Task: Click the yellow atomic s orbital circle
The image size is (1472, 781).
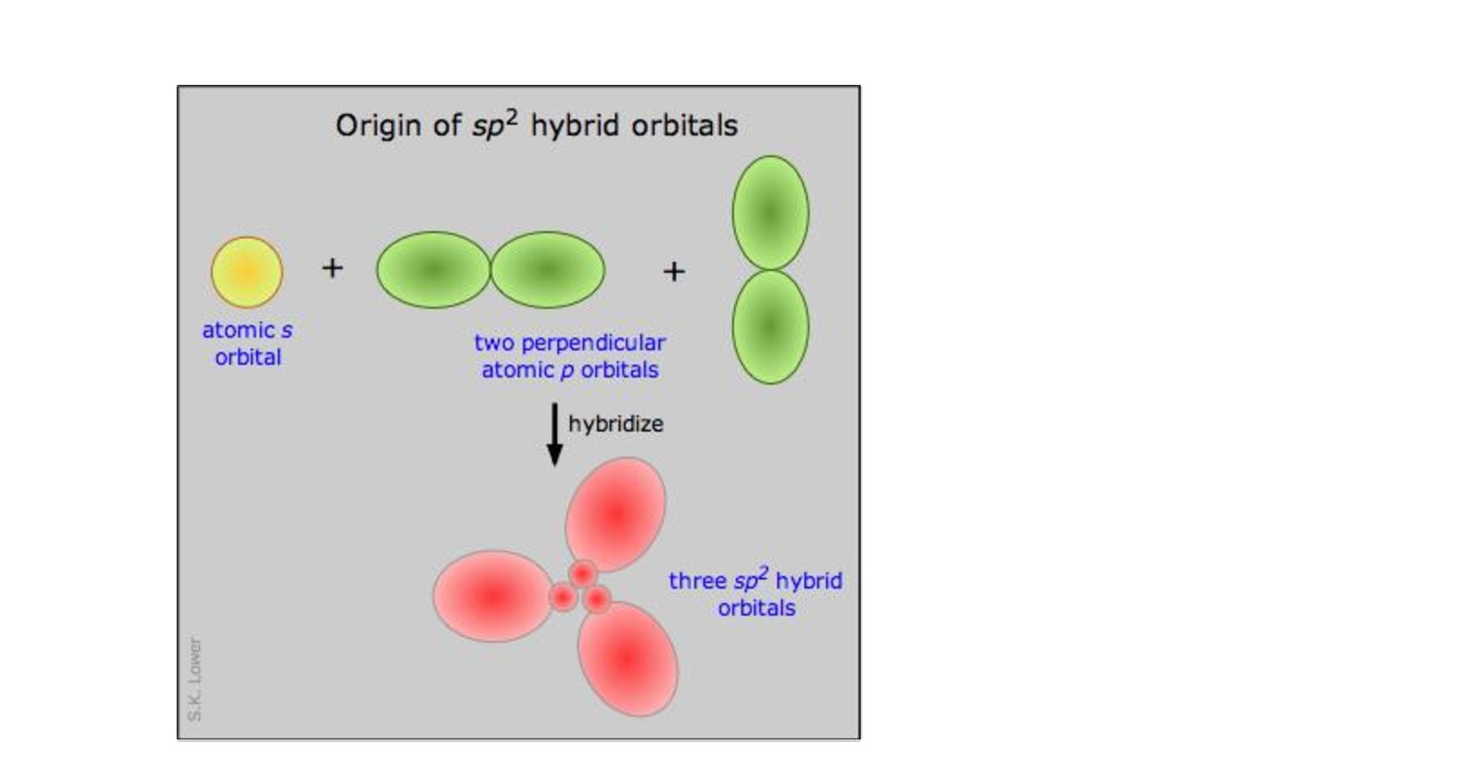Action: (x=247, y=272)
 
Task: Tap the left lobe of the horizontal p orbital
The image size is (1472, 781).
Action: (x=433, y=269)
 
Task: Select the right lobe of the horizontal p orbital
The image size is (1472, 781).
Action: (x=548, y=269)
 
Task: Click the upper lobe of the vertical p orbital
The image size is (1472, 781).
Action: (x=771, y=212)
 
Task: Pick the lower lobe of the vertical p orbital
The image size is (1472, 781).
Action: (x=771, y=327)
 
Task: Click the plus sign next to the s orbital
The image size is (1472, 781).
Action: (x=332, y=268)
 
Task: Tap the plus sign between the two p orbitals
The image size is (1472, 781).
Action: (x=675, y=271)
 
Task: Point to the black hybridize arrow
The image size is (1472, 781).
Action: (x=555, y=434)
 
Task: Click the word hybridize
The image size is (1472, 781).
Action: (x=616, y=423)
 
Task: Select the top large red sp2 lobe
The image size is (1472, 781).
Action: (x=616, y=514)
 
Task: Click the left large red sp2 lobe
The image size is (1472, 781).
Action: (x=493, y=596)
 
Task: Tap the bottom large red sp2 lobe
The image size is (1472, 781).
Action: (x=629, y=659)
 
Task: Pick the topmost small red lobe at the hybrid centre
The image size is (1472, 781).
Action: (x=582, y=575)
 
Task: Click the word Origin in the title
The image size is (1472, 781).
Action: (x=378, y=126)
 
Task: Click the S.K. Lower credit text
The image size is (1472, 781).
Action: (x=195, y=679)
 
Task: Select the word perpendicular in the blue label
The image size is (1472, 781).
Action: (x=593, y=343)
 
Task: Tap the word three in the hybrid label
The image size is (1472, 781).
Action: (x=697, y=581)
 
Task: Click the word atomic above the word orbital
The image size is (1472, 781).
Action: (x=238, y=330)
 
